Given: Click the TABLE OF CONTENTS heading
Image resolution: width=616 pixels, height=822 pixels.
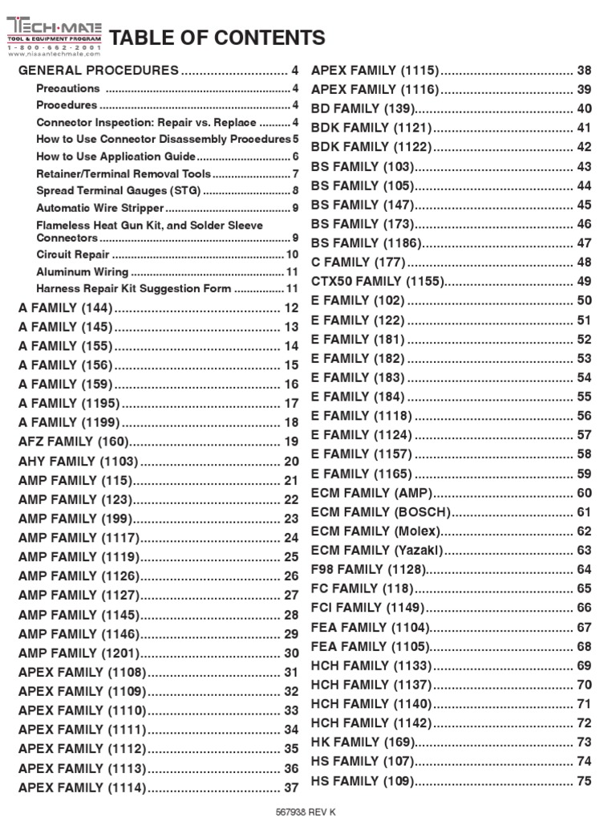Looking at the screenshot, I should pyautogui.click(x=217, y=38).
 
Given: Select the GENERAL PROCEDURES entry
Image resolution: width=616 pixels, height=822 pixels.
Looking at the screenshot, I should pyautogui.click(x=99, y=71).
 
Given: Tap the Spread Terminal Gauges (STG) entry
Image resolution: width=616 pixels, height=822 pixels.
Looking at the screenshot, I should pyautogui.click(x=119, y=190).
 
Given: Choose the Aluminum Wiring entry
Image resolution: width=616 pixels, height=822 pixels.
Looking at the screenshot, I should pyautogui.click(x=82, y=271).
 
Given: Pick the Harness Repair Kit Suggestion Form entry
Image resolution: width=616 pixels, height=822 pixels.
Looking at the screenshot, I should pyautogui.click(x=134, y=288).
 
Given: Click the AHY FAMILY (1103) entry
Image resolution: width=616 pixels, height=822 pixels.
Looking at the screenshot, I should pyautogui.click(x=78, y=461).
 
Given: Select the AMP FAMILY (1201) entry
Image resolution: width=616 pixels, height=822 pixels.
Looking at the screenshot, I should pyautogui.click(x=79, y=653).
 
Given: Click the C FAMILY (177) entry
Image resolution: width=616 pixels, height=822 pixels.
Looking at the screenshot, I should pyautogui.click(x=359, y=262).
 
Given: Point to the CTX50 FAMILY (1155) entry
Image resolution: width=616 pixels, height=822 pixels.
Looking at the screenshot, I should pyautogui.click(x=377, y=282).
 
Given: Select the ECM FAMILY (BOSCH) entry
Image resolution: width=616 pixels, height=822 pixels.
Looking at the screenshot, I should pyautogui.click(x=381, y=512).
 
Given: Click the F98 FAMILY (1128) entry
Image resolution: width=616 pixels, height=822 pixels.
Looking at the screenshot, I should pyautogui.click(x=368, y=570).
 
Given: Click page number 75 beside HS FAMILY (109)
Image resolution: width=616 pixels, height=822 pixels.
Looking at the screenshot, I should pyautogui.click(x=584, y=781).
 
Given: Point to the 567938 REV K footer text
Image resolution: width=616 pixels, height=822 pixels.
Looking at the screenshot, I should pyautogui.click(x=306, y=812).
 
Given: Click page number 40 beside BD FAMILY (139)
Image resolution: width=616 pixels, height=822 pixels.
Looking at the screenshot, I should pyautogui.click(x=584, y=109).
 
